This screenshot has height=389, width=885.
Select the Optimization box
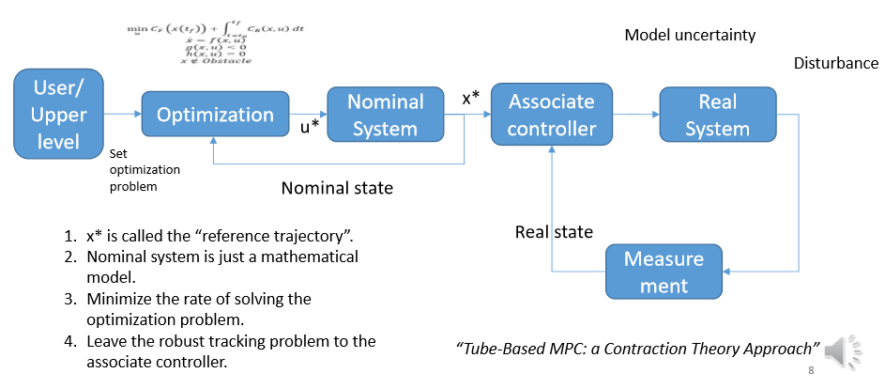click(215, 115)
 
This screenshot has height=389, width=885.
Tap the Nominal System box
click(385, 115)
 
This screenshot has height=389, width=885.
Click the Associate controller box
click(551, 115)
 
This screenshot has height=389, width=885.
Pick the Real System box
click(717, 115)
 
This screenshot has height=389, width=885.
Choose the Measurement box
click(664, 271)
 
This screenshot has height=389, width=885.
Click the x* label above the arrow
click(470, 99)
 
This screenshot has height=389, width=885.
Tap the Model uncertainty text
click(690, 36)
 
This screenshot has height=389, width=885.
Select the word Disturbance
click(835, 64)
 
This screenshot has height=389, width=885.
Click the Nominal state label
click(337, 188)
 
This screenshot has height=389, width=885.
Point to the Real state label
click(554, 231)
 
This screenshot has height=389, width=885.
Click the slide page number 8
click(811, 371)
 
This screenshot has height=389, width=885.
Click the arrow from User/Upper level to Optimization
click(123, 115)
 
